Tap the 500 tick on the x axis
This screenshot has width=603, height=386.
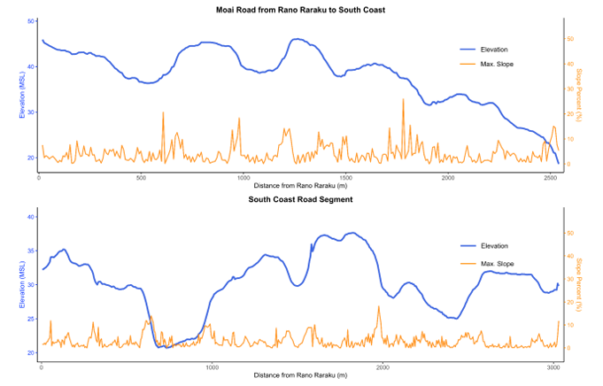[141, 177]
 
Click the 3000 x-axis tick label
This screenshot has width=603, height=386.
[553, 367]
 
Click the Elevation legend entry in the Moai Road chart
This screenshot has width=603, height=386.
[494, 49]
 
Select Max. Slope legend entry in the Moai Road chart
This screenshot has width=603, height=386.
[496, 64]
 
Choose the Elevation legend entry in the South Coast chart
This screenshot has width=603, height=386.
[494, 245]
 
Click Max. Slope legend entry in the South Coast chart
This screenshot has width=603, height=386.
[496, 264]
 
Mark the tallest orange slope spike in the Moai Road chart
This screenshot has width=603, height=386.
[403, 100]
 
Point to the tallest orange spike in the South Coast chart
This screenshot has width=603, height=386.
[379, 307]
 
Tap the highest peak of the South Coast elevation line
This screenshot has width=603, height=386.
[353, 233]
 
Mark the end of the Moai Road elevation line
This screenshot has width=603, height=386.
[558, 163]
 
